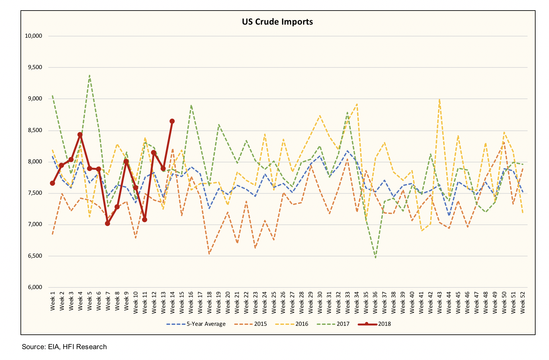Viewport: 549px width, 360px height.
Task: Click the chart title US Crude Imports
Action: [x=277, y=22]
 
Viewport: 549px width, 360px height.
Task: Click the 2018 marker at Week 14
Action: [x=172, y=121]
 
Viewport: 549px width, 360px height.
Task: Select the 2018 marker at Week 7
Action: [x=107, y=223]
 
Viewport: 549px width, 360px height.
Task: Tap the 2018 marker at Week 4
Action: [x=80, y=135]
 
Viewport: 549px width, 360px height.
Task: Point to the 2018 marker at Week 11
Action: [x=145, y=220]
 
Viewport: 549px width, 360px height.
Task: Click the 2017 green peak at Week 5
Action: [x=90, y=75]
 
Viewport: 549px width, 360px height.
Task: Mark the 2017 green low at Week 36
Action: [x=375, y=257]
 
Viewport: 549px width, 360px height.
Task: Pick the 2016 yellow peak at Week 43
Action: [x=440, y=99]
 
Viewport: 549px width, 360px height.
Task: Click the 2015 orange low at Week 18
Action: [x=209, y=254]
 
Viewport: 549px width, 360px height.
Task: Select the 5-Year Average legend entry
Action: [x=196, y=324]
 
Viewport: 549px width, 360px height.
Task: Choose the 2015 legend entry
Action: [x=251, y=324]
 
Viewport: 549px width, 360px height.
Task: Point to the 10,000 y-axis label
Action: [x=34, y=36]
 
